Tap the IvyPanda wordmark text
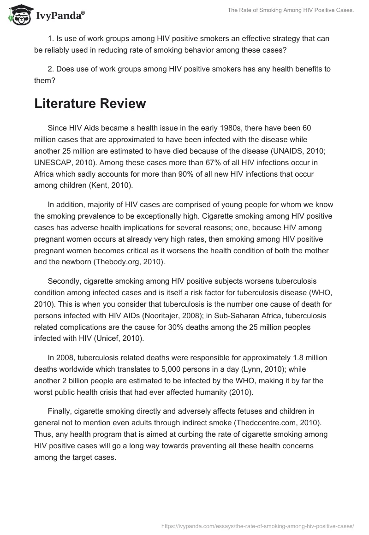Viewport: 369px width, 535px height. (59, 17)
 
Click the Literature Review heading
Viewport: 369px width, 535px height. (90, 103)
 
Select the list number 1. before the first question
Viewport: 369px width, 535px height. (50, 38)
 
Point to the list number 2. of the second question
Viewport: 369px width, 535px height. (50, 69)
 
